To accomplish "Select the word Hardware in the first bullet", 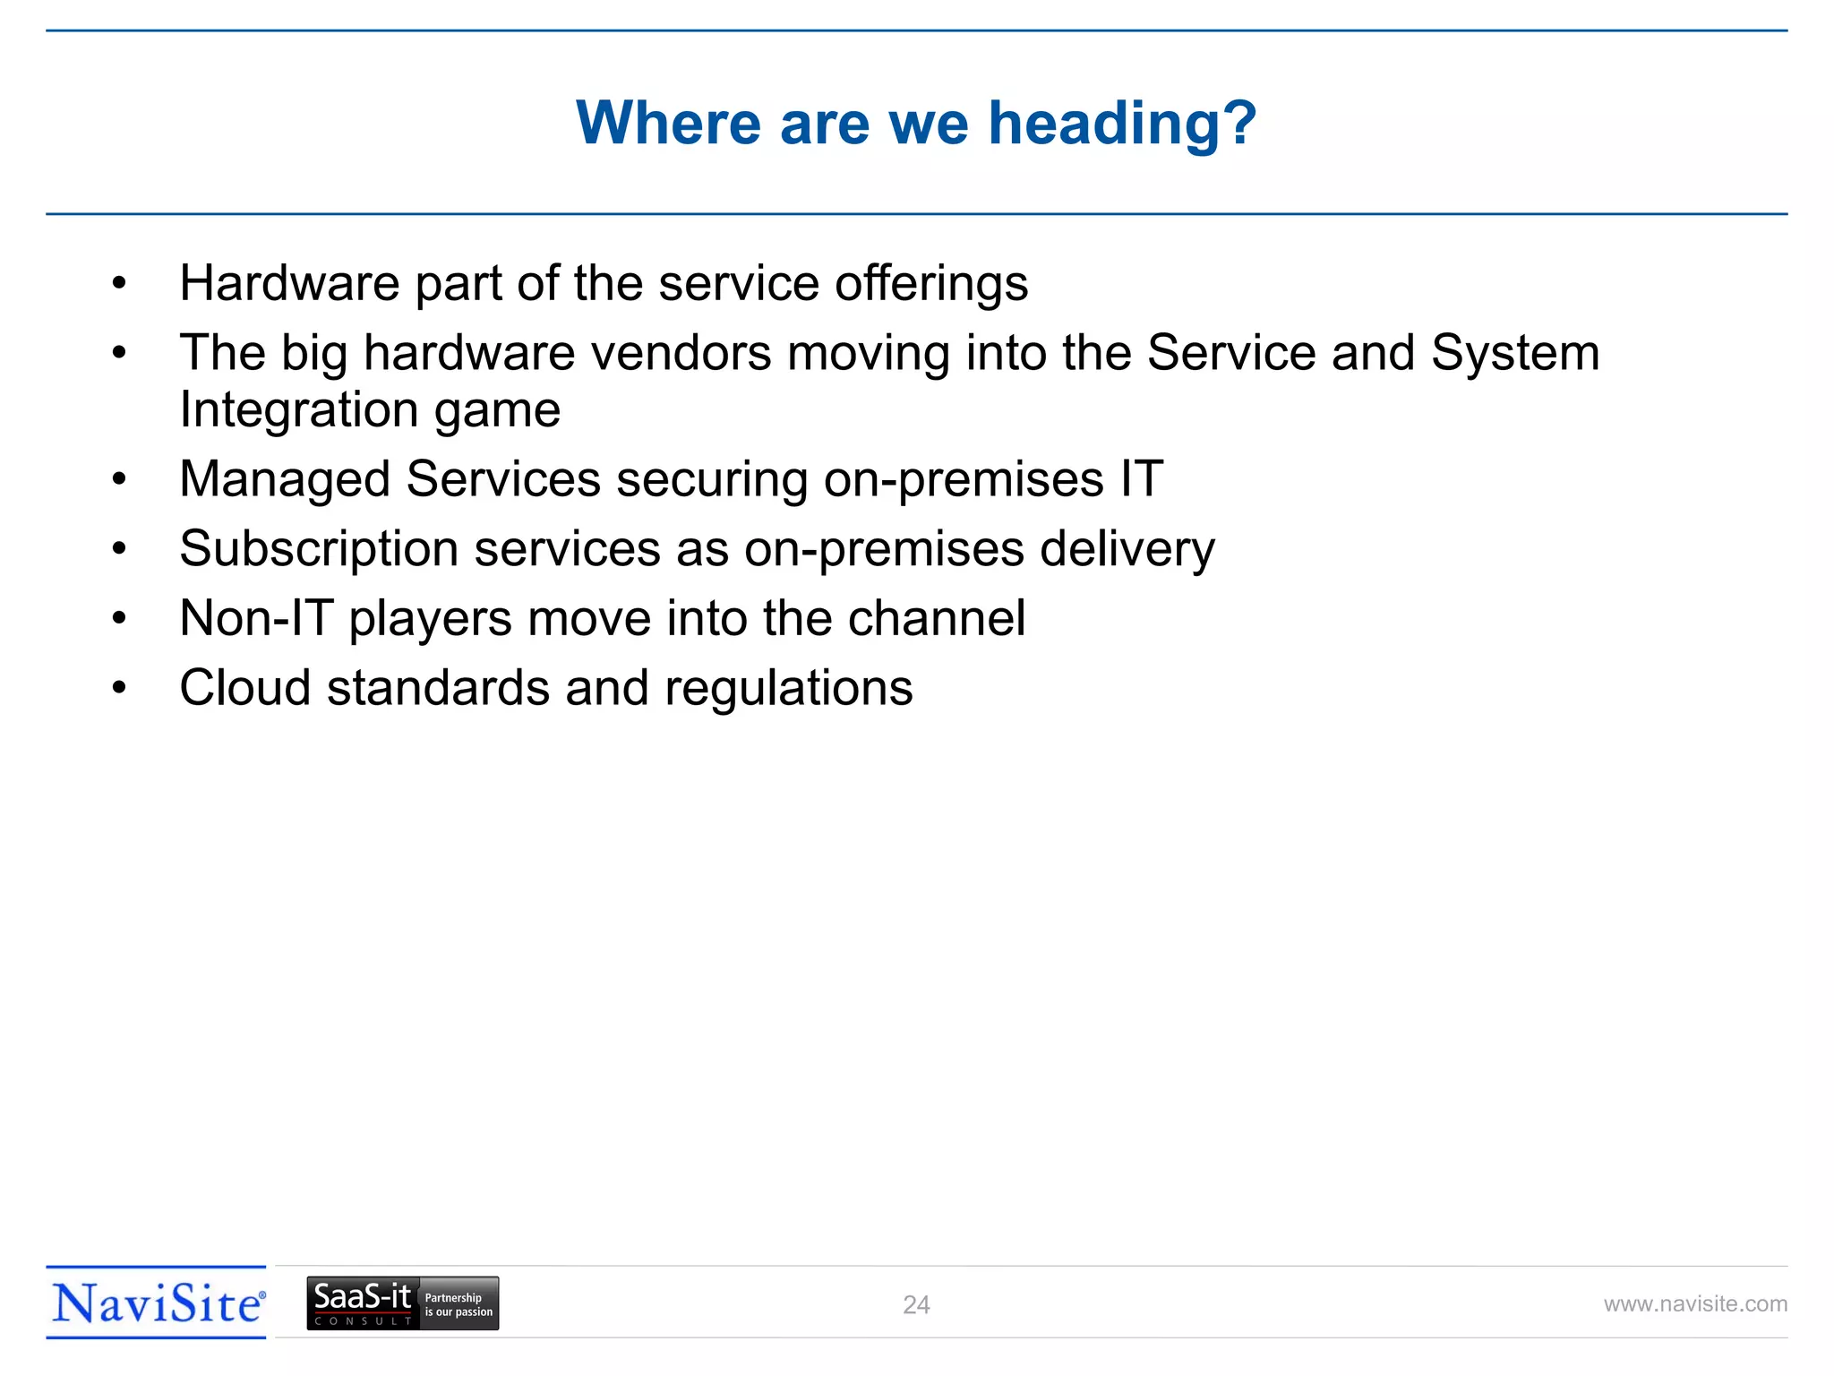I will point(289,284).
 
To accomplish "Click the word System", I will point(1515,353).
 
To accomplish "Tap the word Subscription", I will point(319,549).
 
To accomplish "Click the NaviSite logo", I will point(157,1303).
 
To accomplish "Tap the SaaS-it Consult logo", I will point(403,1303).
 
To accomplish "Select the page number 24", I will point(916,1305).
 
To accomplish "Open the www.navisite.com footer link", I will point(1695,1304).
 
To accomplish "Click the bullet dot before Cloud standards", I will point(119,688).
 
